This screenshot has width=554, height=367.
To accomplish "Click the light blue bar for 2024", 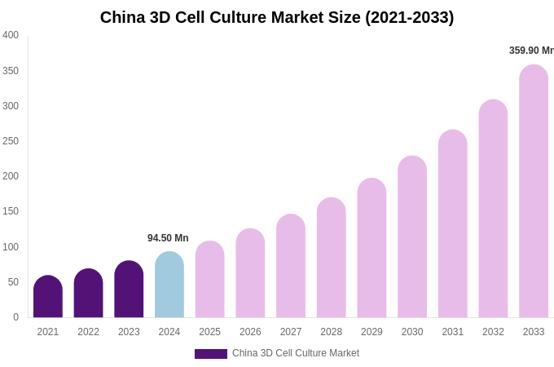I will [x=169, y=285].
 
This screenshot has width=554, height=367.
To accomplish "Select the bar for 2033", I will [x=534, y=192].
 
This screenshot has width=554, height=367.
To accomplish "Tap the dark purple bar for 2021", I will [x=48, y=297].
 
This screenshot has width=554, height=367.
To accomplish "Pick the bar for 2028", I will [x=332, y=258].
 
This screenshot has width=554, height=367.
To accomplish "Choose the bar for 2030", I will [x=412, y=237].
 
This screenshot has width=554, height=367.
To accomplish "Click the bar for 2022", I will [x=88, y=294].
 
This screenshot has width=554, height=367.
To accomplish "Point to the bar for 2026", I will [x=250, y=273].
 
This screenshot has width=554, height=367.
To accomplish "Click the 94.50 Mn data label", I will [x=168, y=238].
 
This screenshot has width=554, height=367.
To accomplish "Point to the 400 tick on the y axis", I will [x=11, y=35].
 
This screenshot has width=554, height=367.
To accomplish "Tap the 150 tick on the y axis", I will [x=11, y=211].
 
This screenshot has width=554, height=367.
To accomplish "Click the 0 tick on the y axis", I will [x=15, y=317].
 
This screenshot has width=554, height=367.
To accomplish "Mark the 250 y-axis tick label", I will [x=11, y=141].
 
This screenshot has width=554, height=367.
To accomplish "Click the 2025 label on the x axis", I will [x=209, y=332].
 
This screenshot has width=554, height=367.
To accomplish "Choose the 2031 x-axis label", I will [x=453, y=332].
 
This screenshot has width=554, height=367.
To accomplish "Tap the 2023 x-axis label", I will [x=129, y=332].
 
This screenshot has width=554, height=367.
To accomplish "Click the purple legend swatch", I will [x=210, y=354].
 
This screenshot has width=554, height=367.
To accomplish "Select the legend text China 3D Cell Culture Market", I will [x=296, y=353].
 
